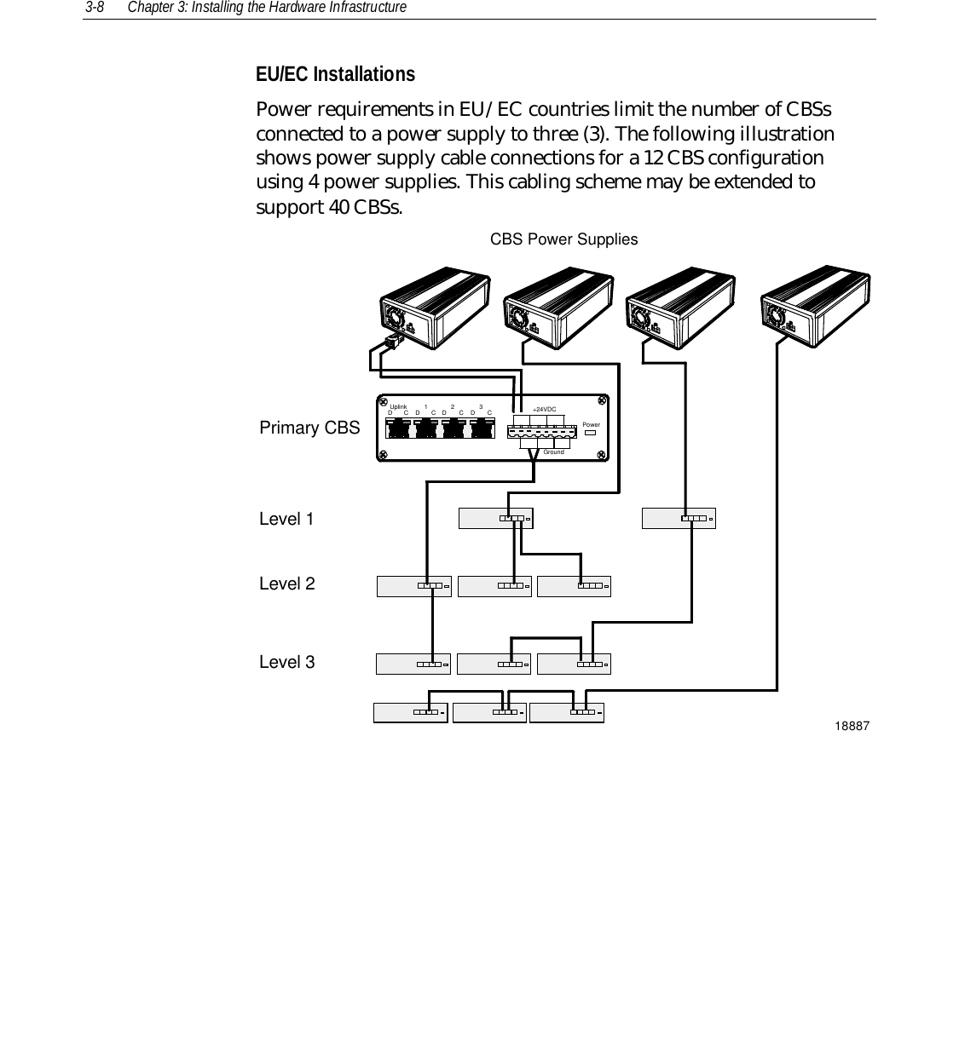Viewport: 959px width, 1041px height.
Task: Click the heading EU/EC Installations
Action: [335, 75]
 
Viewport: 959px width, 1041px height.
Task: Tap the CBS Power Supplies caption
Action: [563, 239]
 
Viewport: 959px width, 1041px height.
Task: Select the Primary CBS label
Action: [309, 428]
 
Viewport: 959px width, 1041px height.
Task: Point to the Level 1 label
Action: [286, 519]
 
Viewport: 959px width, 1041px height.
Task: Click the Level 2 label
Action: [286, 584]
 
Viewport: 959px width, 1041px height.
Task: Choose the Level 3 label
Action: [286, 662]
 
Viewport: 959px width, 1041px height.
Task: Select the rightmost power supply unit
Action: [815, 303]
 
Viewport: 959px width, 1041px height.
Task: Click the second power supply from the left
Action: [558, 308]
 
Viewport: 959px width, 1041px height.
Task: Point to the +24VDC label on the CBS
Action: [544, 411]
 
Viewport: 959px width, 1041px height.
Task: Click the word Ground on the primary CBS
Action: [553, 451]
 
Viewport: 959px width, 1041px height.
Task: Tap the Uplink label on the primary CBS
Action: [398, 407]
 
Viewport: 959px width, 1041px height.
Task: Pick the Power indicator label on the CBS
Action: [591, 424]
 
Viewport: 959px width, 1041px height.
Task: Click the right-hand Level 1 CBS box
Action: [679, 518]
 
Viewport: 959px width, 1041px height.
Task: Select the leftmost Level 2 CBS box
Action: [413, 586]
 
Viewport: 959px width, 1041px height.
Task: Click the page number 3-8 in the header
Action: [94, 8]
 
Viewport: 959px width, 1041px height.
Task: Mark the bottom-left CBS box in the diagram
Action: [410, 711]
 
